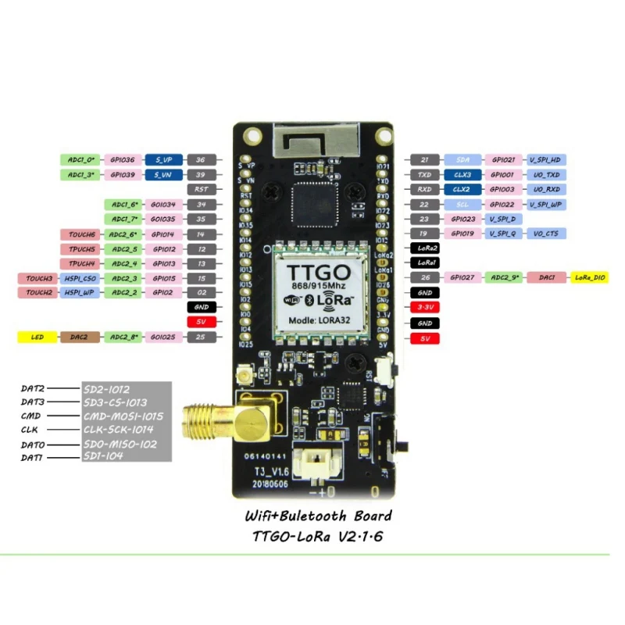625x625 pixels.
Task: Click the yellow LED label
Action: click(37, 337)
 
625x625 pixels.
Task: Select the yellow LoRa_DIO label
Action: click(589, 277)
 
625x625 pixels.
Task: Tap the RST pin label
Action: click(201, 189)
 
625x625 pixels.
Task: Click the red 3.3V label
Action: click(425, 307)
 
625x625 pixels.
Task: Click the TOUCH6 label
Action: click(81, 234)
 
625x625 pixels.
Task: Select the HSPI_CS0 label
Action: click(81, 277)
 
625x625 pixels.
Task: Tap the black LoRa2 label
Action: click(425, 248)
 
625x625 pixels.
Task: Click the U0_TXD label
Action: click(545, 174)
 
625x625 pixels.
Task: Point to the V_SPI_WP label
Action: click(545, 204)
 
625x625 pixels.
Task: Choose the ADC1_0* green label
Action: click(81, 159)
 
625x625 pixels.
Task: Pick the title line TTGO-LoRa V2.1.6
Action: click(316, 537)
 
